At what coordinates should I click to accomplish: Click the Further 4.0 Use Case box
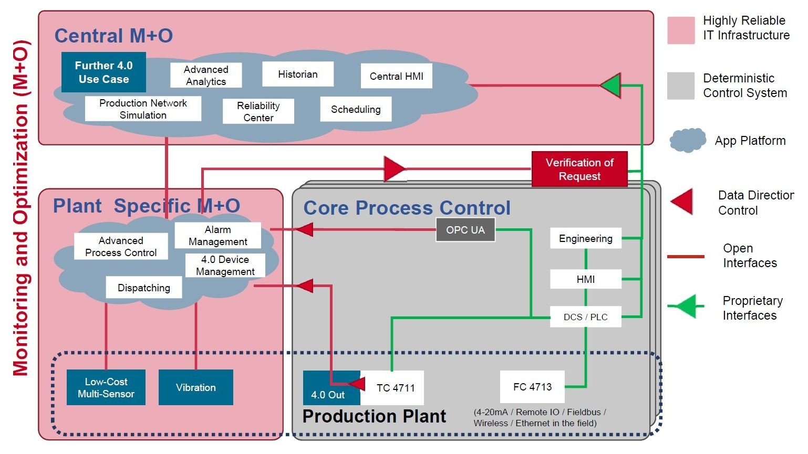point(103,72)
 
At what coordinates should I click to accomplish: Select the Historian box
point(298,74)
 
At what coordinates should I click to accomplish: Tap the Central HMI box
point(396,76)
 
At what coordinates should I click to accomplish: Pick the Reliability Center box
point(258,111)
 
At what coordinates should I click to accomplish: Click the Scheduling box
point(356,109)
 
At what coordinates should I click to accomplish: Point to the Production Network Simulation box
point(143,109)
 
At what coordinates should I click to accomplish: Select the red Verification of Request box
point(579,169)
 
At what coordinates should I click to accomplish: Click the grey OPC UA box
point(465,230)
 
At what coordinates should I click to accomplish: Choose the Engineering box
point(585,238)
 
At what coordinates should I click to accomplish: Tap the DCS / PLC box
point(585,316)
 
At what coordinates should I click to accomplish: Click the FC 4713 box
point(532,387)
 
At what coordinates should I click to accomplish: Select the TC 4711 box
point(395,388)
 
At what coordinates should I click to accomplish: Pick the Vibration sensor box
point(195,387)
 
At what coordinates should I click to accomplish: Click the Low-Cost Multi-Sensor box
point(106,387)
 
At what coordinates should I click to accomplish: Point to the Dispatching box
point(144,288)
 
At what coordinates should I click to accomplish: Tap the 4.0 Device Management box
point(225,266)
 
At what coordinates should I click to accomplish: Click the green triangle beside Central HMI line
point(612,85)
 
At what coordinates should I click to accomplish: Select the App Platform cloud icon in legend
point(687,140)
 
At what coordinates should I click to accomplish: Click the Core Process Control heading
point(407,208)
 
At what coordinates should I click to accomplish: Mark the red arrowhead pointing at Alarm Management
point(305,229)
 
